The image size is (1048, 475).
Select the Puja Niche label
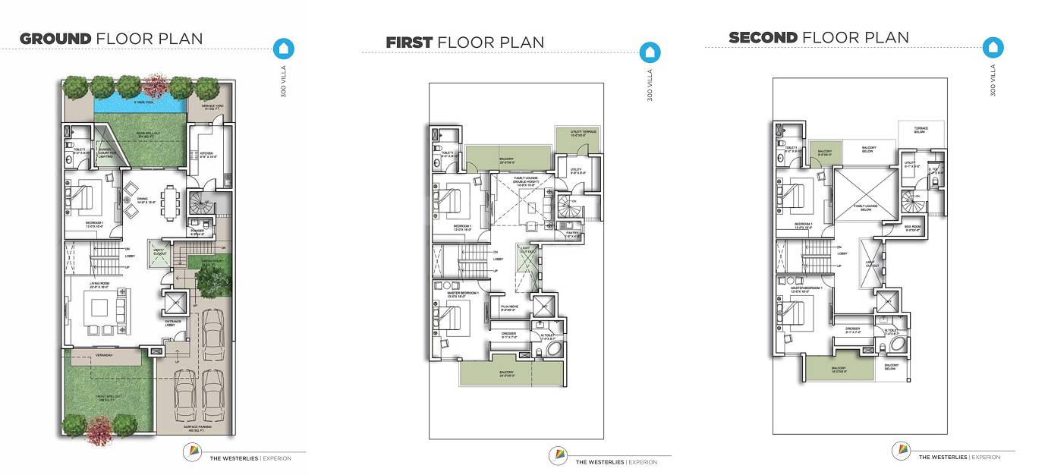pyautogui.click(x=509, y=308)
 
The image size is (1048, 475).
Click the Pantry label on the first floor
pyautogui.click(x=572, y=235)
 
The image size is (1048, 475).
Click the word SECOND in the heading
pyautogui.click(x=763, y=37)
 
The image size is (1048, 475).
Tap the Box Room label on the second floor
pyautogui.click(x=912, y=228)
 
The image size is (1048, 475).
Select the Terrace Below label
pyautogui.click(x=921, y=130)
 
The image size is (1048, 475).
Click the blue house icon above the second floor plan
pyautogui.click(x=993, y=48)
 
